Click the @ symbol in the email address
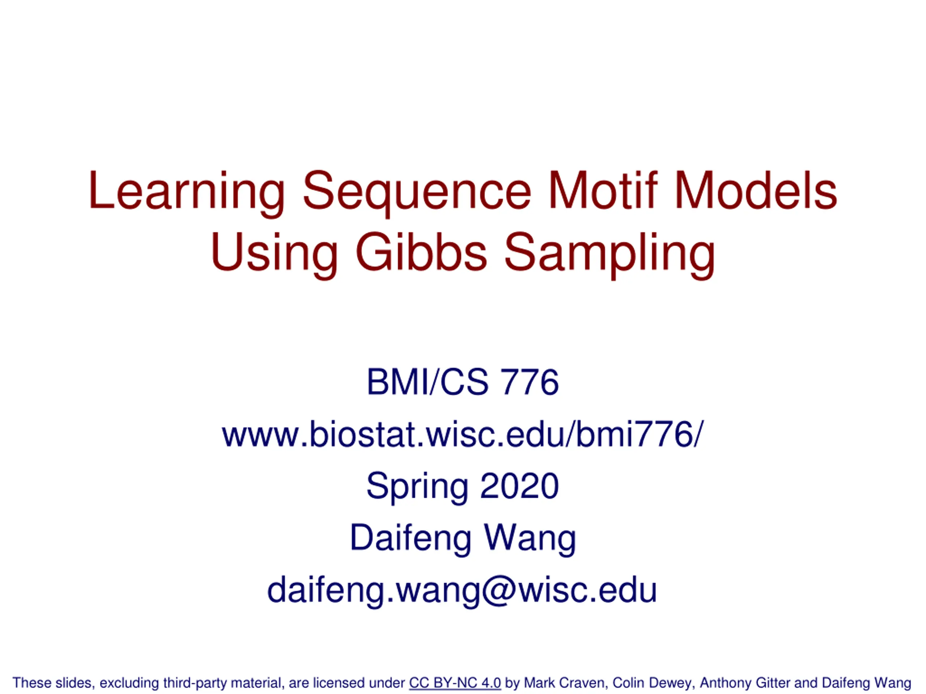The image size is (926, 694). click(x=500, y=591)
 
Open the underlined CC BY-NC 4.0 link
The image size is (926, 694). click(x=455, y=683)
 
